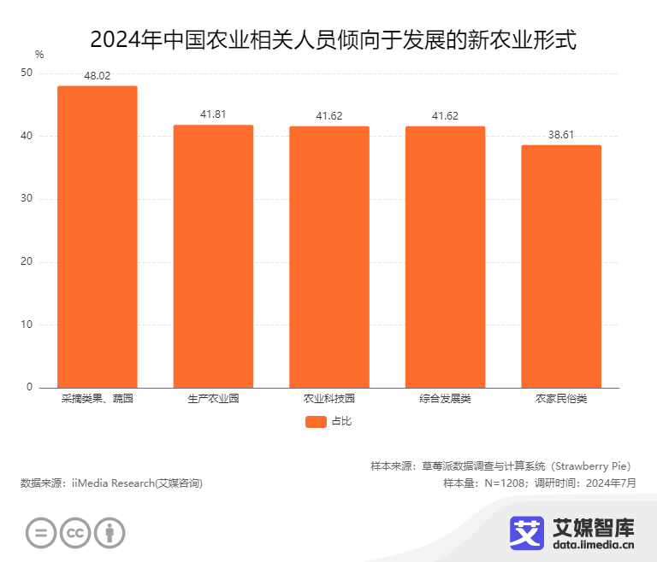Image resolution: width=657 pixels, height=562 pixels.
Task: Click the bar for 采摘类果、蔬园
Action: [98, 237]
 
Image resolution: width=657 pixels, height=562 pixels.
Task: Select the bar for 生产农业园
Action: [213, 256]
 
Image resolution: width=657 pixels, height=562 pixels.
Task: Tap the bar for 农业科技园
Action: [329, 257]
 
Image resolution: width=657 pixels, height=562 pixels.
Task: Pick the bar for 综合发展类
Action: [445, 257]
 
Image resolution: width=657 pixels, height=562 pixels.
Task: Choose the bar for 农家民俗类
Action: [561, 266]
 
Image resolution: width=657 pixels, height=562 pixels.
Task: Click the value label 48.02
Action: [98, 76]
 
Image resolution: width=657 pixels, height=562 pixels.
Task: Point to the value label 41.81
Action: [213, 114]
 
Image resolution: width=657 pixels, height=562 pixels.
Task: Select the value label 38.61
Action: [561, 135]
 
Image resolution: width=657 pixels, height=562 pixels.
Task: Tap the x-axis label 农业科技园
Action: [329, 399]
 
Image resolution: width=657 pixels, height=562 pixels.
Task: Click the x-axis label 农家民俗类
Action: [561, 399]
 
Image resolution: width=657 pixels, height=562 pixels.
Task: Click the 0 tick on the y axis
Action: [29, 388]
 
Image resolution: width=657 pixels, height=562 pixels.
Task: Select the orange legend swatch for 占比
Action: [316, 421]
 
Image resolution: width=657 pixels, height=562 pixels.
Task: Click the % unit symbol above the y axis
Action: [38, 55]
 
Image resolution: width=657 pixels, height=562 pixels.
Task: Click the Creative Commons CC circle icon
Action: [75, 534]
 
